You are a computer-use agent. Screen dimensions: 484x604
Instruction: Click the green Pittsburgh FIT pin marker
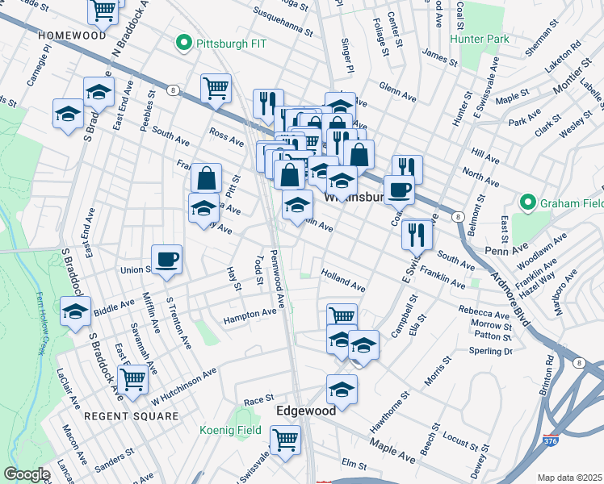tap(183, 42)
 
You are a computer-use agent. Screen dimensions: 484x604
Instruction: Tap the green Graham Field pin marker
tap(528, 202)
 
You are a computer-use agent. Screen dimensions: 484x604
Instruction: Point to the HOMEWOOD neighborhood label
tap(71, 36)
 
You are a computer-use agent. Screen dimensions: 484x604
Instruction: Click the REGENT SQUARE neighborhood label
tap(131, 416)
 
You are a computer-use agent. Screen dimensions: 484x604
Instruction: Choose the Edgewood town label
tap(306, 411)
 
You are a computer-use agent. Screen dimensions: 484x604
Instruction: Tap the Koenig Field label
tap(230, 430)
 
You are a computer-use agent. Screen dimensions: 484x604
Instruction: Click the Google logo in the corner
tap(27, 474)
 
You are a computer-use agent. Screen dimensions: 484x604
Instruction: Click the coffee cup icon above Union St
tap(167, 259)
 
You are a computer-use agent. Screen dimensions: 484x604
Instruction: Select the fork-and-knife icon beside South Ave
tap(417, 234)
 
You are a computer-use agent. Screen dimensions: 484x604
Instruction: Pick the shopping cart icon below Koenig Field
tap(285, 440)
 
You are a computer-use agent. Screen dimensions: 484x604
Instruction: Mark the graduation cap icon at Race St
tap(342, 389)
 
